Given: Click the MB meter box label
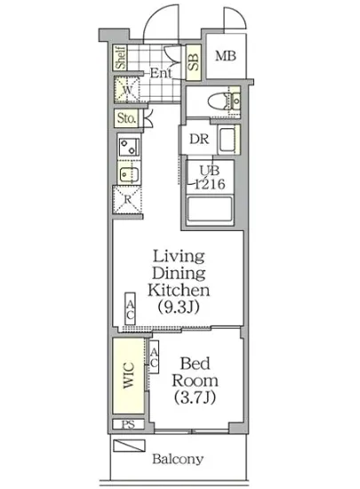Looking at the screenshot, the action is point(226,56).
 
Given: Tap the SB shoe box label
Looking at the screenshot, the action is point(193,62).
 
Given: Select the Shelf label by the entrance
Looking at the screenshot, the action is point(120,58).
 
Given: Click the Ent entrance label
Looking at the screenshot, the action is point(161,73).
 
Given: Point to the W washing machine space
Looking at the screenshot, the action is point(127,90).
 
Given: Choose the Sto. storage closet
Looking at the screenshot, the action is point(127,118).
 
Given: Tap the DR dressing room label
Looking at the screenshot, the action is point(199,139).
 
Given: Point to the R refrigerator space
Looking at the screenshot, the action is point(128,199).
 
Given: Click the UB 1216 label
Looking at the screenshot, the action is point(210,178).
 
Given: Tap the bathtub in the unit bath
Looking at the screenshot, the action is point(210,210).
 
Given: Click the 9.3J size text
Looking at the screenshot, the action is point(179,308).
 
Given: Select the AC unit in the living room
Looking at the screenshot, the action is point(131,309).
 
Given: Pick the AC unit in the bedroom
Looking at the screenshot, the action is point(154,357).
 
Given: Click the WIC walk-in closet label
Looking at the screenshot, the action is point(128,375).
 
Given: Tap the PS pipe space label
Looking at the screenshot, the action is point(128,424).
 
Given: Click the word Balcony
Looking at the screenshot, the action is point(178,459).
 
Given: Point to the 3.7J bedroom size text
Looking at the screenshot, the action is point(195,397).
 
